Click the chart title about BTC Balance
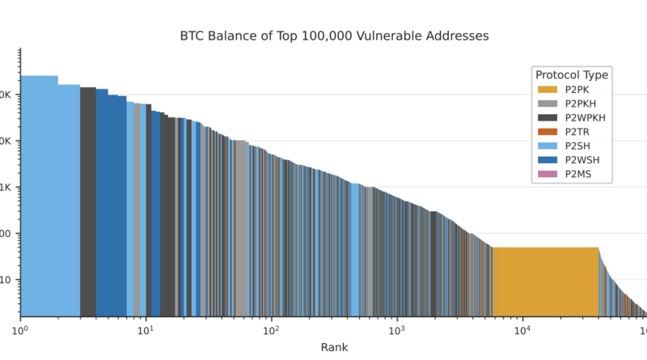[334, 36]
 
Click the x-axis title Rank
[334, 348]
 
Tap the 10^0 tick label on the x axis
[20, 330]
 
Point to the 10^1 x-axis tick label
[146, 330]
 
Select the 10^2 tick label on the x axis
[271, 330]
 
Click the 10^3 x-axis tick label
[396, 330]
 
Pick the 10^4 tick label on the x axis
[522, 330]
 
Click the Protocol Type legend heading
[572, 75]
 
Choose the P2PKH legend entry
[581, 104]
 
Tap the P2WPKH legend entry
[585, 117]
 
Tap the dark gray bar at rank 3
[88, 202]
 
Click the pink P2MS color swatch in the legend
[548, 173]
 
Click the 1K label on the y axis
[7, 188]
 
